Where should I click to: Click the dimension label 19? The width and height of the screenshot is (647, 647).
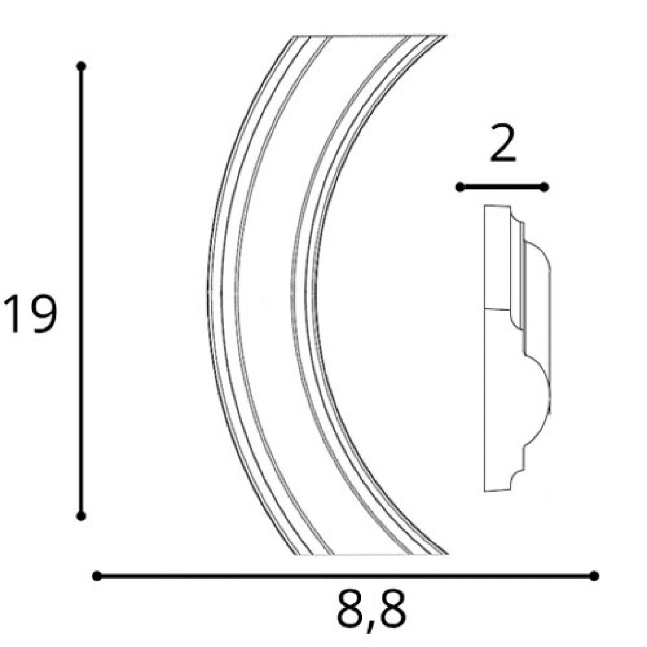[x=30, y=313]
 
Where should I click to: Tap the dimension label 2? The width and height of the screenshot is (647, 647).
[x=503, y=143]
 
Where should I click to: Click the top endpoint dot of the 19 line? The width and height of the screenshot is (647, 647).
[x=81, y=66]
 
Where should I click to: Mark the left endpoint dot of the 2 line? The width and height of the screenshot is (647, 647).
[x=460, y=187]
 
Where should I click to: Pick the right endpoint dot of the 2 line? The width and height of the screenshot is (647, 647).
[x=545, y=187]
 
